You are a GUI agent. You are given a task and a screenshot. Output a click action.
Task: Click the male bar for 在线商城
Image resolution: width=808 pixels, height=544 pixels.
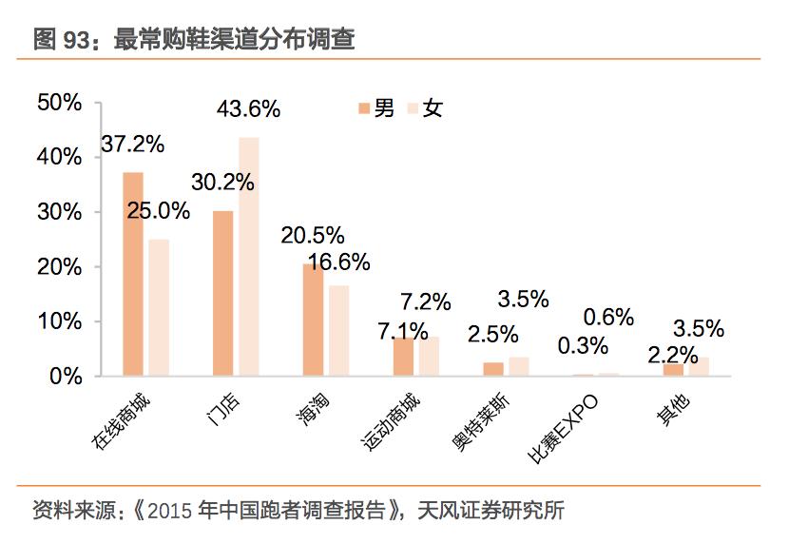pyautogui.click(x=133, y=274)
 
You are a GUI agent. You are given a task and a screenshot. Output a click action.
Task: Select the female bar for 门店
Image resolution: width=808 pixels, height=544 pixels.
pyautogui.click(x=248, y=257)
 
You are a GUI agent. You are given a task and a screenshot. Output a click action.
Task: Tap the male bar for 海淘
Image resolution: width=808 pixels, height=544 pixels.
pyautogui.click(x=313, y=320)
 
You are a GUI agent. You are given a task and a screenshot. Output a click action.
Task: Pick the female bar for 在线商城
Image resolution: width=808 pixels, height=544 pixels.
pyautogui.click(x=159, y=307)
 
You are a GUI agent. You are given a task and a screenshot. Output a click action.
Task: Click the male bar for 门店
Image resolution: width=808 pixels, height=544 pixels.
pyautogui.click(x=222, y=293)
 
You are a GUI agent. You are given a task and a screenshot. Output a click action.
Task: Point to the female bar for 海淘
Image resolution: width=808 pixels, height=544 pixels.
pyautogui.click(x=338, y=330)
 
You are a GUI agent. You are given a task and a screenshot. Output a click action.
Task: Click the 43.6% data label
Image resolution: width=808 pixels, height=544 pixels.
pyautogui.click(x=248, y=109)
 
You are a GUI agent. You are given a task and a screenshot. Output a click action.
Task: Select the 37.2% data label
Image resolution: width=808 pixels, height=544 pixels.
pyautogui.click(x=133, y=145)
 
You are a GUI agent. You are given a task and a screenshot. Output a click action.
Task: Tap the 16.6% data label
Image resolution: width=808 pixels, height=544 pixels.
pyautogui.click(x=339, y=262)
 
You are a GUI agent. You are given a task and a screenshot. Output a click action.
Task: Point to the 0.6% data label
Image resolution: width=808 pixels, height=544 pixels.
pyautogui.click(x=608, y=318)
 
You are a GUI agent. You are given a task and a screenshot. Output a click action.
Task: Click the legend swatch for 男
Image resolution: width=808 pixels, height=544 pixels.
pyautogui.click(x=363, y=108)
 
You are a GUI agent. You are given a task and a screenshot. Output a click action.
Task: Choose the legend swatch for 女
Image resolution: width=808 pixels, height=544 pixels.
pyautogui.click(x=412, y=108)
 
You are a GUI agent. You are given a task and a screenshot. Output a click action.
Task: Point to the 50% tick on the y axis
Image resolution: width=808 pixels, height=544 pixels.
pyautogui.click(x=60, y=103)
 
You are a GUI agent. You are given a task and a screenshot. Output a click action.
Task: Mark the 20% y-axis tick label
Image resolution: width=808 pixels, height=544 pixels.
pyautogui.click(x=60, y=267)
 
